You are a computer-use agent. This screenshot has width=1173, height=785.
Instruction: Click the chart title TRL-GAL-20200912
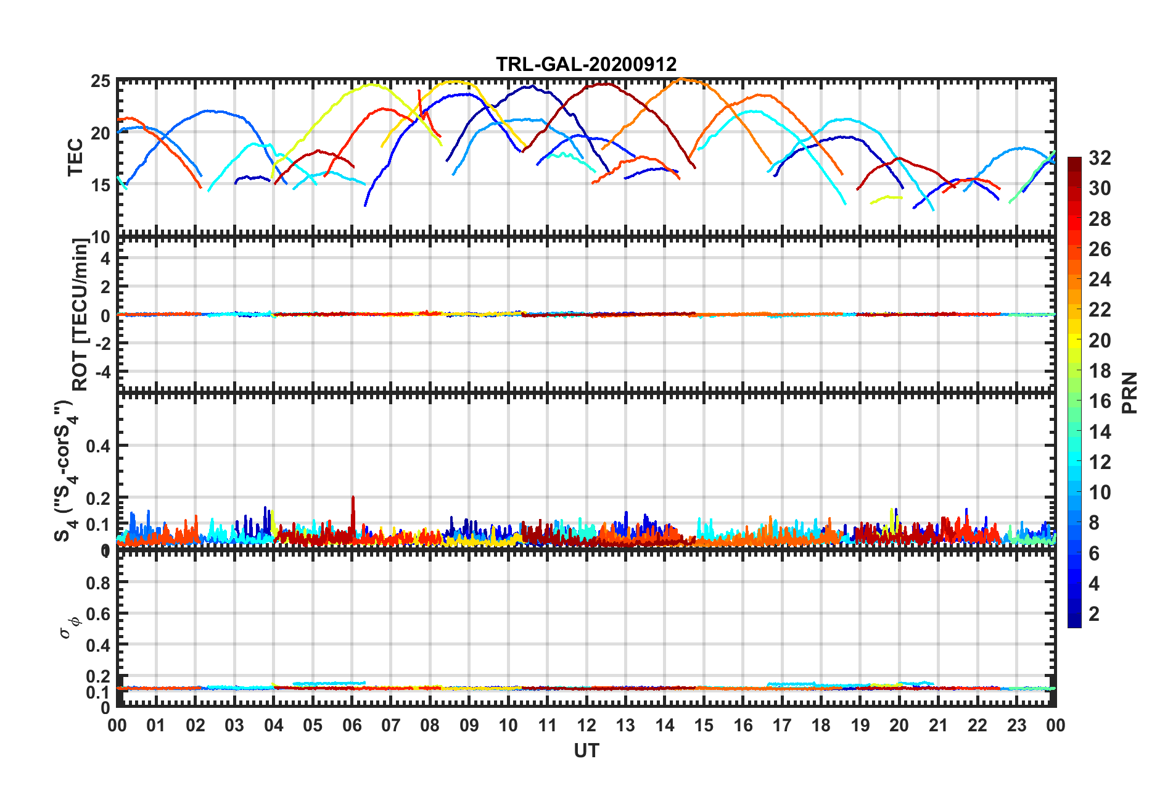pyautogui.click(x=586, y=64)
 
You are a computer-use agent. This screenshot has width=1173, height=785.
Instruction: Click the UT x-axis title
pyautogui.click(x=586, y=750)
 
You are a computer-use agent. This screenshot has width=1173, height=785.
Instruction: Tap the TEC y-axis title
pyautogui.click(x=75, y=157)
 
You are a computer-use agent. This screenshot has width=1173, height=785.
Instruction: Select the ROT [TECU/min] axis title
pyautogui.click(x=80, y=315)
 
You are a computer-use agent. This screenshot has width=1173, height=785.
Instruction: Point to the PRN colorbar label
pyautogui.click(x=1129, y=392)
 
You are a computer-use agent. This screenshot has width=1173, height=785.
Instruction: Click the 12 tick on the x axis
pyautogui.click(x=586, y=725)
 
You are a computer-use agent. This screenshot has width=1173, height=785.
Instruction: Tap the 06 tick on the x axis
pyautogui.click(x=352, y=725)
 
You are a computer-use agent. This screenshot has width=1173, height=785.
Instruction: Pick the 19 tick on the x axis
pyautogui.click(x=860, y=725)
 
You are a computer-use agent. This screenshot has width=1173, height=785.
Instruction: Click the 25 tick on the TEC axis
pyautogui.click(x=101, y=81)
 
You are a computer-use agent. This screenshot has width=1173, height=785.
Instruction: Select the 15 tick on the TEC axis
pyautogui.click(x=101, y=185)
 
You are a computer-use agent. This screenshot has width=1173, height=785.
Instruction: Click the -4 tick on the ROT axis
pyautogui.click(x=104, y=372)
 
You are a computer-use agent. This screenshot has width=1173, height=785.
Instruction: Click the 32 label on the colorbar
pyautogui.click(x=1100, y=158)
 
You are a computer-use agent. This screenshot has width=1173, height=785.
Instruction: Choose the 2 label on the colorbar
pyautogui.click(x=1094, y=613)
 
